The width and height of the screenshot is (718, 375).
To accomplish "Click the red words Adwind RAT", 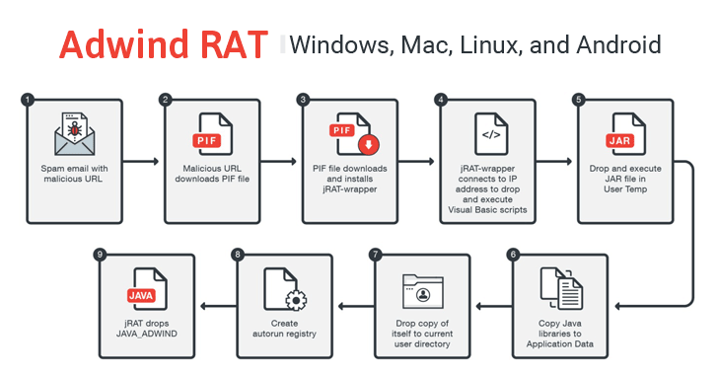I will point(162,44).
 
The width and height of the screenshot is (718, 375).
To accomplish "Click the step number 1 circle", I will point(27,100).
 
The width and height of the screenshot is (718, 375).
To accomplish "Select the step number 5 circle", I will point(578,100).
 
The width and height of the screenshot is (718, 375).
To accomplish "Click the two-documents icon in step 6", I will point(563,289).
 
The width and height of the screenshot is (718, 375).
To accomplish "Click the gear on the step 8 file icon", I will point(293,300).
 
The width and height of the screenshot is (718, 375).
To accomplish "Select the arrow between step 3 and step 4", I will point(415,160).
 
